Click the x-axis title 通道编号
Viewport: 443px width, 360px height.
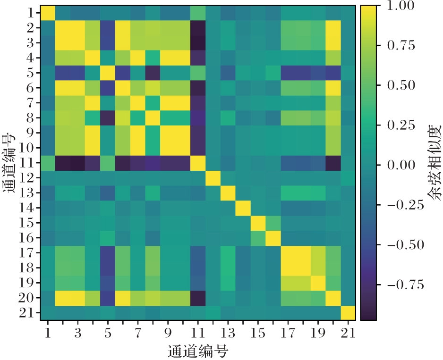click(x=198, y=351)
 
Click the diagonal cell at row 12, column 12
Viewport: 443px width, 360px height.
click(x=213, y=178)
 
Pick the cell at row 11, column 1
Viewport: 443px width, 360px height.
click(x=48, y=163)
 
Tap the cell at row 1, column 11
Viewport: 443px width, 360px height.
click(x=197, y=13)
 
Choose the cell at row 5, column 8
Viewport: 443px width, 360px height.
click(x=153, y=73)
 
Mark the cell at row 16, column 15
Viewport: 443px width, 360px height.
click(x=257, y=238)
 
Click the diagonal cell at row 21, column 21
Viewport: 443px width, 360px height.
click(x=348, y=313)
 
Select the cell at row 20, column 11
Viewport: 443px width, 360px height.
click(x=197, y=298)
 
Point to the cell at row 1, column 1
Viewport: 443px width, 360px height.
click(x=48, y=13)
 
